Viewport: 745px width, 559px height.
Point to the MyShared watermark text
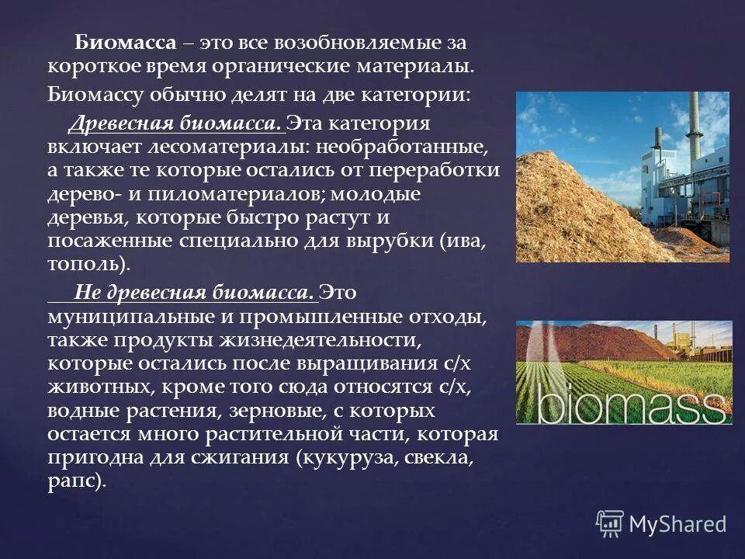point(677,524)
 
